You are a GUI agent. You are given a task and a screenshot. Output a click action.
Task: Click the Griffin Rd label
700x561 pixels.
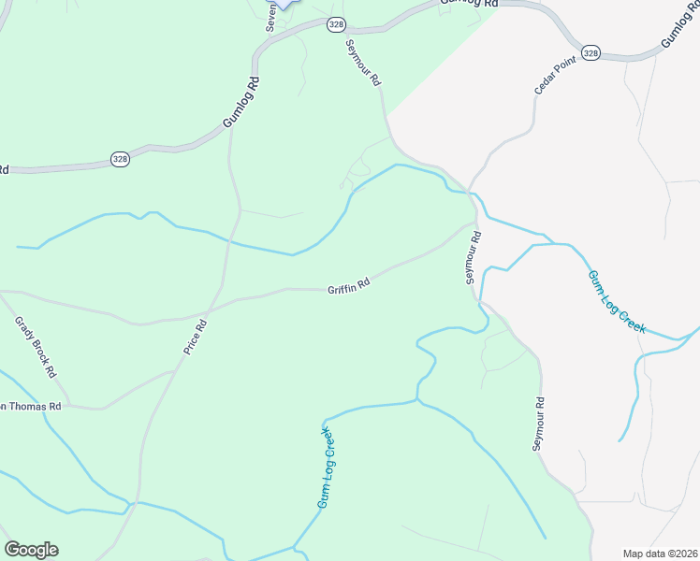click(349, 287)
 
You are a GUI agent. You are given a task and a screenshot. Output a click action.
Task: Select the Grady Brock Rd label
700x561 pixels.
click(36, 346)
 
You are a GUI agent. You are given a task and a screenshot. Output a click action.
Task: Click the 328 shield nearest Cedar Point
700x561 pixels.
click(590, 53)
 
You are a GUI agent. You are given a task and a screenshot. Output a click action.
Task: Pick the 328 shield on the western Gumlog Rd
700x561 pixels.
click(120, 159)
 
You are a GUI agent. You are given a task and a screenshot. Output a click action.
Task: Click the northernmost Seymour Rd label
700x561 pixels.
click(363, 64)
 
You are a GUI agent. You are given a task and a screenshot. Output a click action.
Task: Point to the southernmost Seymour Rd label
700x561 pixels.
click(539, 424)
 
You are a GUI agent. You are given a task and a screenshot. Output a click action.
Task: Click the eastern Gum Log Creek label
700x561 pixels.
click(617, 301)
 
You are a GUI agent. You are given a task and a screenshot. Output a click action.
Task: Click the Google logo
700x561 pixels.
click(31, 550)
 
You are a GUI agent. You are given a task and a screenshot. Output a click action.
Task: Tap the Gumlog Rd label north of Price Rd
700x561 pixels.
click(241, 104)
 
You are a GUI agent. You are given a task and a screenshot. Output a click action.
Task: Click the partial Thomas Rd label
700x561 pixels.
click(31, 407)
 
